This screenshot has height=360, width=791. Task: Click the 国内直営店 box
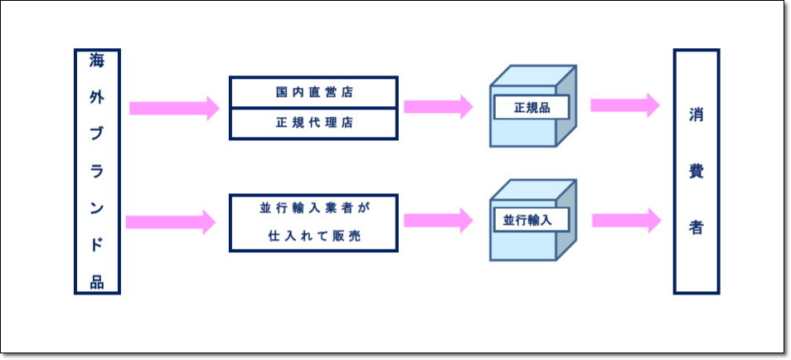(x=313, y=92)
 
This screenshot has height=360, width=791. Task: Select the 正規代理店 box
(x=313, y=124)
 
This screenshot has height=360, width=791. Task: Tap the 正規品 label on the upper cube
(x=531, y=108)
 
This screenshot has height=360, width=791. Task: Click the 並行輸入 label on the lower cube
(x=531, y=220)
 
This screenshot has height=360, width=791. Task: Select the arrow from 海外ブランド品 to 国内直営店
(x=175, y=108)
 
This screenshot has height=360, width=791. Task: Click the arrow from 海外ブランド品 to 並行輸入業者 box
(x=171, y=222)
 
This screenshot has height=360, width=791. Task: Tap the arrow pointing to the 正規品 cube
(x=439, y=106)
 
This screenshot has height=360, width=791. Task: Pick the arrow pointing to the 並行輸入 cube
(x=439, y=221)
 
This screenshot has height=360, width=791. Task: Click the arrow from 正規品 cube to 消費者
(x=625, y=105)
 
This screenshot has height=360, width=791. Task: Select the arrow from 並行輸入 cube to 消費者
(x=627, y=220)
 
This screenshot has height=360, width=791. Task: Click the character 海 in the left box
(x=97, y=61)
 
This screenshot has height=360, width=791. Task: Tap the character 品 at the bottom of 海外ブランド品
(x=97, y=282)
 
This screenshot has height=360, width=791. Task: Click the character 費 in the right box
(x=696, y=173)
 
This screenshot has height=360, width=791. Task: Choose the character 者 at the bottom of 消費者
(x=696, y=227)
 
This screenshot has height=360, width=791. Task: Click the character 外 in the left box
(x=97, y=97)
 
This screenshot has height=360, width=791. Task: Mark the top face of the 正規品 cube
(x=532, y=75)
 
